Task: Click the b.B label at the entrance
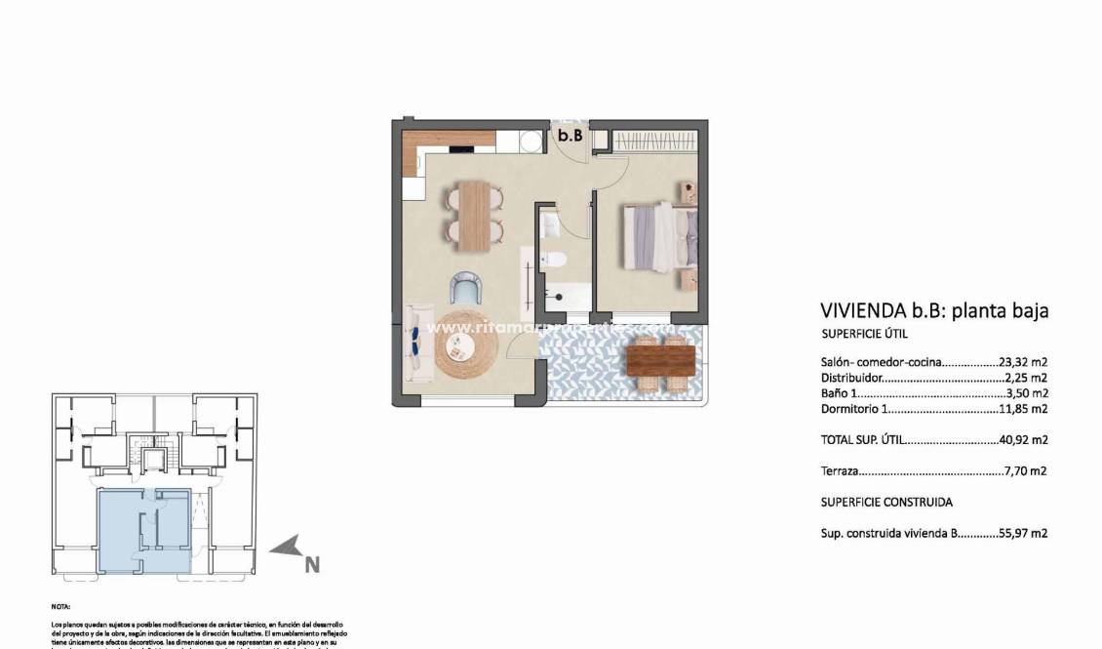(x=570, y=137)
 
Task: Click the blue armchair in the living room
(x=466, y=288)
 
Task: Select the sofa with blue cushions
(x=416, y=343)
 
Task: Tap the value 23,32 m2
(x=1023, y=362)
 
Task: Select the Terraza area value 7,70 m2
(x=1025, y=471)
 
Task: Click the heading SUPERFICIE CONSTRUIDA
(x=886, y=503)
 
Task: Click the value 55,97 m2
(x=1023, y=534)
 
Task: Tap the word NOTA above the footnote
(x=60, y=607)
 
